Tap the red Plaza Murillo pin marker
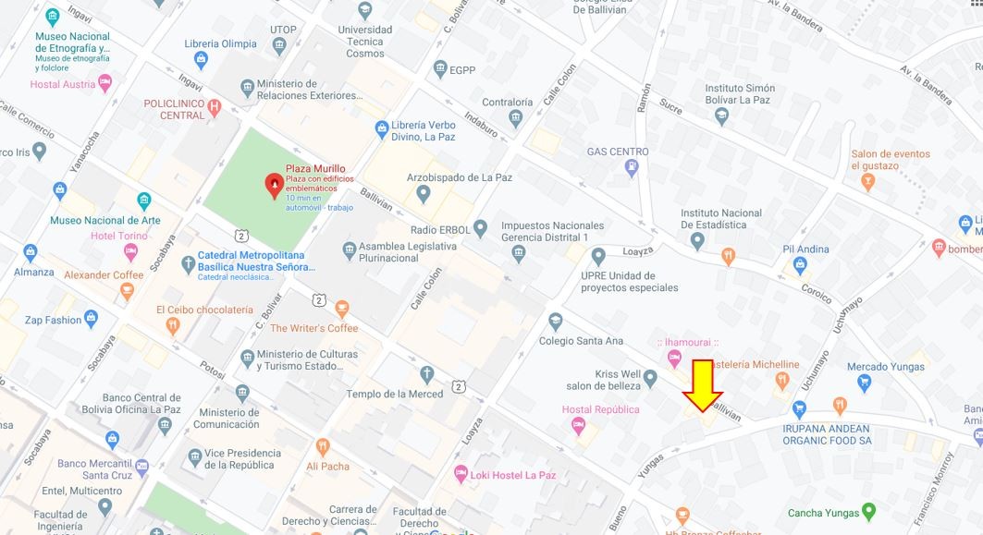click(x=274, y=186)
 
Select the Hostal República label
click(x=600, y=409)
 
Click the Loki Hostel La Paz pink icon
click(x=461, y=474)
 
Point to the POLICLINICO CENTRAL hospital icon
click(x=215, y=108)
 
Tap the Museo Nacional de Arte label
click(x=104, y=220)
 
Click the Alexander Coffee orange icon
click(x=128, y=291)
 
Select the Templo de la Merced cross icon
click(x=426, y=374)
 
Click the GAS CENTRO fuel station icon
click(x=632, y=168)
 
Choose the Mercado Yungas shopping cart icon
click(x=865, y=383)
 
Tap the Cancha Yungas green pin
click(x=868, y=512)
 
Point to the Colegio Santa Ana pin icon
click(x=555, y=322)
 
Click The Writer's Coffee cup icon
click(x=342, y=309)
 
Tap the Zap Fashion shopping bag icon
click(x=91, y=320)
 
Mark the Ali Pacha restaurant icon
click(x=323, y=447)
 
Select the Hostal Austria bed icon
click(x=105, y=83)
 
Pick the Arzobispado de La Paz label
click(x=460, y=177)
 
